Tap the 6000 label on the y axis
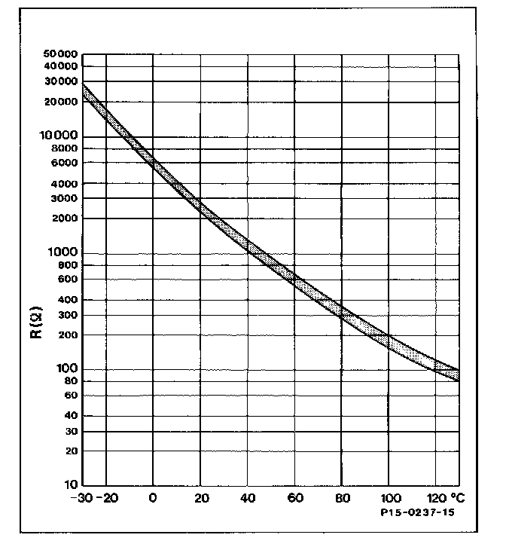click(65, 163)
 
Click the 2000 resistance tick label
click(65, 218)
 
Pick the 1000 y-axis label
click(65, 253)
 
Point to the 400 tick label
click(68, 300)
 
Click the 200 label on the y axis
click(68, 335)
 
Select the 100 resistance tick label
click(68, 369)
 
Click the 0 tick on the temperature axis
click(153, 499)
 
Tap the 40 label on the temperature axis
click(247, 499)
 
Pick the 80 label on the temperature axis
click(341, 499)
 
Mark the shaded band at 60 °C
click(294, 280)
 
